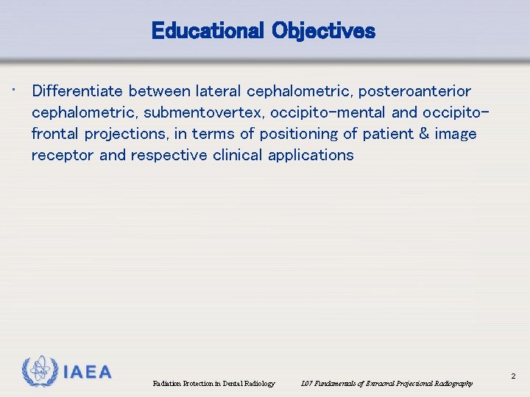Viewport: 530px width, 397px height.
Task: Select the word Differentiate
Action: (x=78, y=91)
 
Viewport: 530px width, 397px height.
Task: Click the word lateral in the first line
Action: (x=218, y=91)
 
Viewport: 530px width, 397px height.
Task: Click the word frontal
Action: (x=56, y=134)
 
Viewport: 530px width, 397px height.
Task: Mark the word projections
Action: (x=127, y=134)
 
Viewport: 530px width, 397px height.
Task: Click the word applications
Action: (x=311, y=155)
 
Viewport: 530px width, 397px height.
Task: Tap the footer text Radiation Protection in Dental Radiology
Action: (x=213, y=384)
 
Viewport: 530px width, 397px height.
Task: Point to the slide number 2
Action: (x=513, y=377)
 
